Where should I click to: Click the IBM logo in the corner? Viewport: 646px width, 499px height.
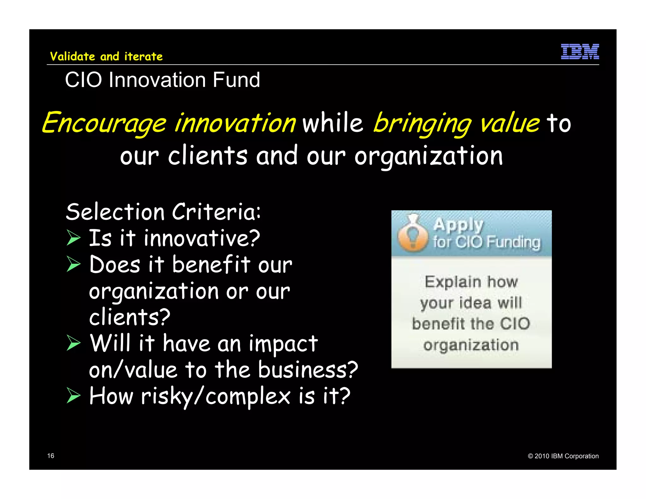pos(580,51)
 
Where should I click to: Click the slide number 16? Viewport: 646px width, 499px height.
pos(50,455)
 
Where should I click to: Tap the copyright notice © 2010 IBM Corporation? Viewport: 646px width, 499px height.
pos(563,456)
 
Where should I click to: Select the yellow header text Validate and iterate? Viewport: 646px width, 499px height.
pos(106,56)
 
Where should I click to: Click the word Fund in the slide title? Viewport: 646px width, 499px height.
pos(236,80)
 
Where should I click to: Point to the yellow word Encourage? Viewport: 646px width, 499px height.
pos(104,123)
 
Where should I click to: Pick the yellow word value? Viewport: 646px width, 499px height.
pos(509,123)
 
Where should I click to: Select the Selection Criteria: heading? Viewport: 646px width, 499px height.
pos(163,212)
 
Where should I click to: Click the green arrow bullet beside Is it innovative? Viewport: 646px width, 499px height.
pos(73,238)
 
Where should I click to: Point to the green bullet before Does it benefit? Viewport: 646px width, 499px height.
pos(73,264)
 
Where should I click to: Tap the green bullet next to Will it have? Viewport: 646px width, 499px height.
pos(73,343)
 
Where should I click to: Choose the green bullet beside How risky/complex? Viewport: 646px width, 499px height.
pos(73,396)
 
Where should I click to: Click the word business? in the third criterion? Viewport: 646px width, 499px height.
pos(308,370)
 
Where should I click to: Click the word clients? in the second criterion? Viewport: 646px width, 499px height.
pos(130,317)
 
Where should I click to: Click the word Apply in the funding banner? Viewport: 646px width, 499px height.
pos(458,225)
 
